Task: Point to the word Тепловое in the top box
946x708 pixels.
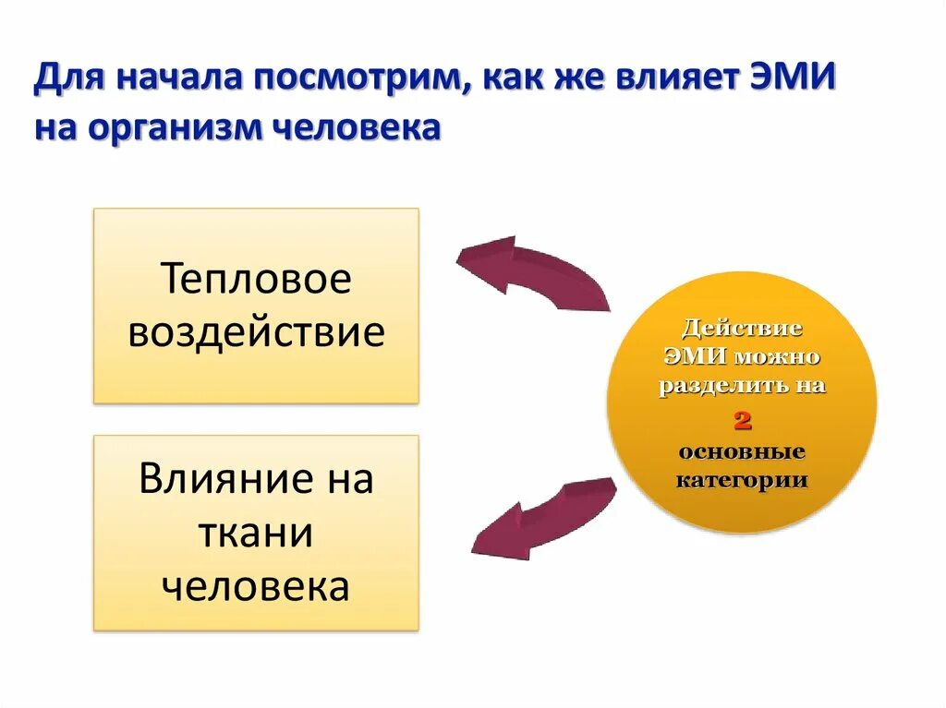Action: tap(256, 279)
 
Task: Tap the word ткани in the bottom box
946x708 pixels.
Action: tap(256, 534)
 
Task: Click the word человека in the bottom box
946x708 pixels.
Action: tap(256, 587)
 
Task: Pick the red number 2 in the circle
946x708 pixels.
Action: tap(742, 421)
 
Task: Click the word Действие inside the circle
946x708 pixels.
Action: tap(742, 328)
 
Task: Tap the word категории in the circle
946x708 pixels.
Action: tap(742, 480)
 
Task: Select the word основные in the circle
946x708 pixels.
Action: tap(742, 452)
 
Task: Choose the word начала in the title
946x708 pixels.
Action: tap(172, 78)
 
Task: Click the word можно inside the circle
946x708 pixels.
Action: tap(776, 355)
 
